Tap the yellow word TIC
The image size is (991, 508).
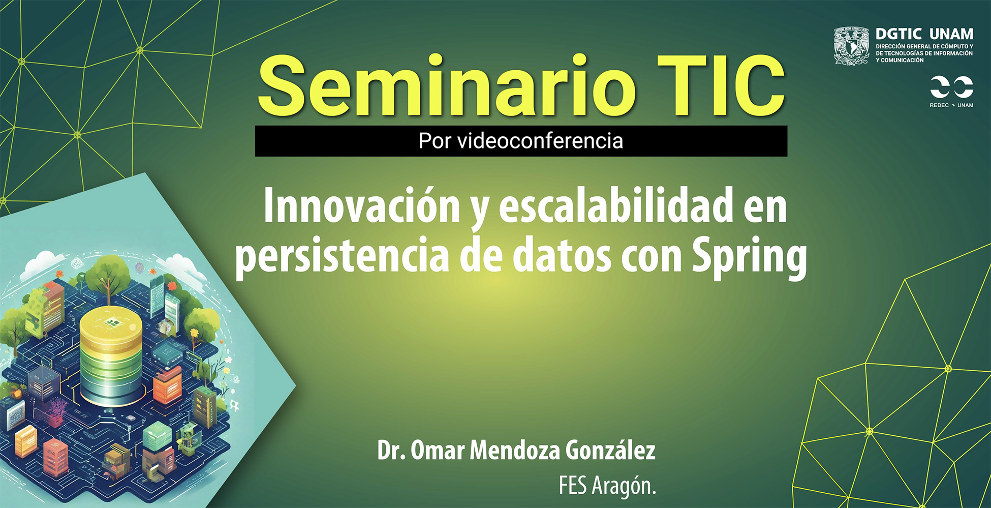click(x=721, y=86)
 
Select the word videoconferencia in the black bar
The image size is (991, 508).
click(x=540, y=141)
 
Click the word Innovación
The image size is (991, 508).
click(x=362, y=205)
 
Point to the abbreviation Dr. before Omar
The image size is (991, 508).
click(x=391, y=451)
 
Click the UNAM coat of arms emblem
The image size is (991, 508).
click(x=851, y=46)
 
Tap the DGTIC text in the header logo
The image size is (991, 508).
click(x=899, y=34)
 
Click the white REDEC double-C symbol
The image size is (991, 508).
click(x=951, y=87)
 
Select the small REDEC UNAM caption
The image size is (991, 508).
click(x=951, y=105)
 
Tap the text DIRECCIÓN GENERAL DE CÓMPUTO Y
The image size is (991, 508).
click(x=924, y=46)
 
